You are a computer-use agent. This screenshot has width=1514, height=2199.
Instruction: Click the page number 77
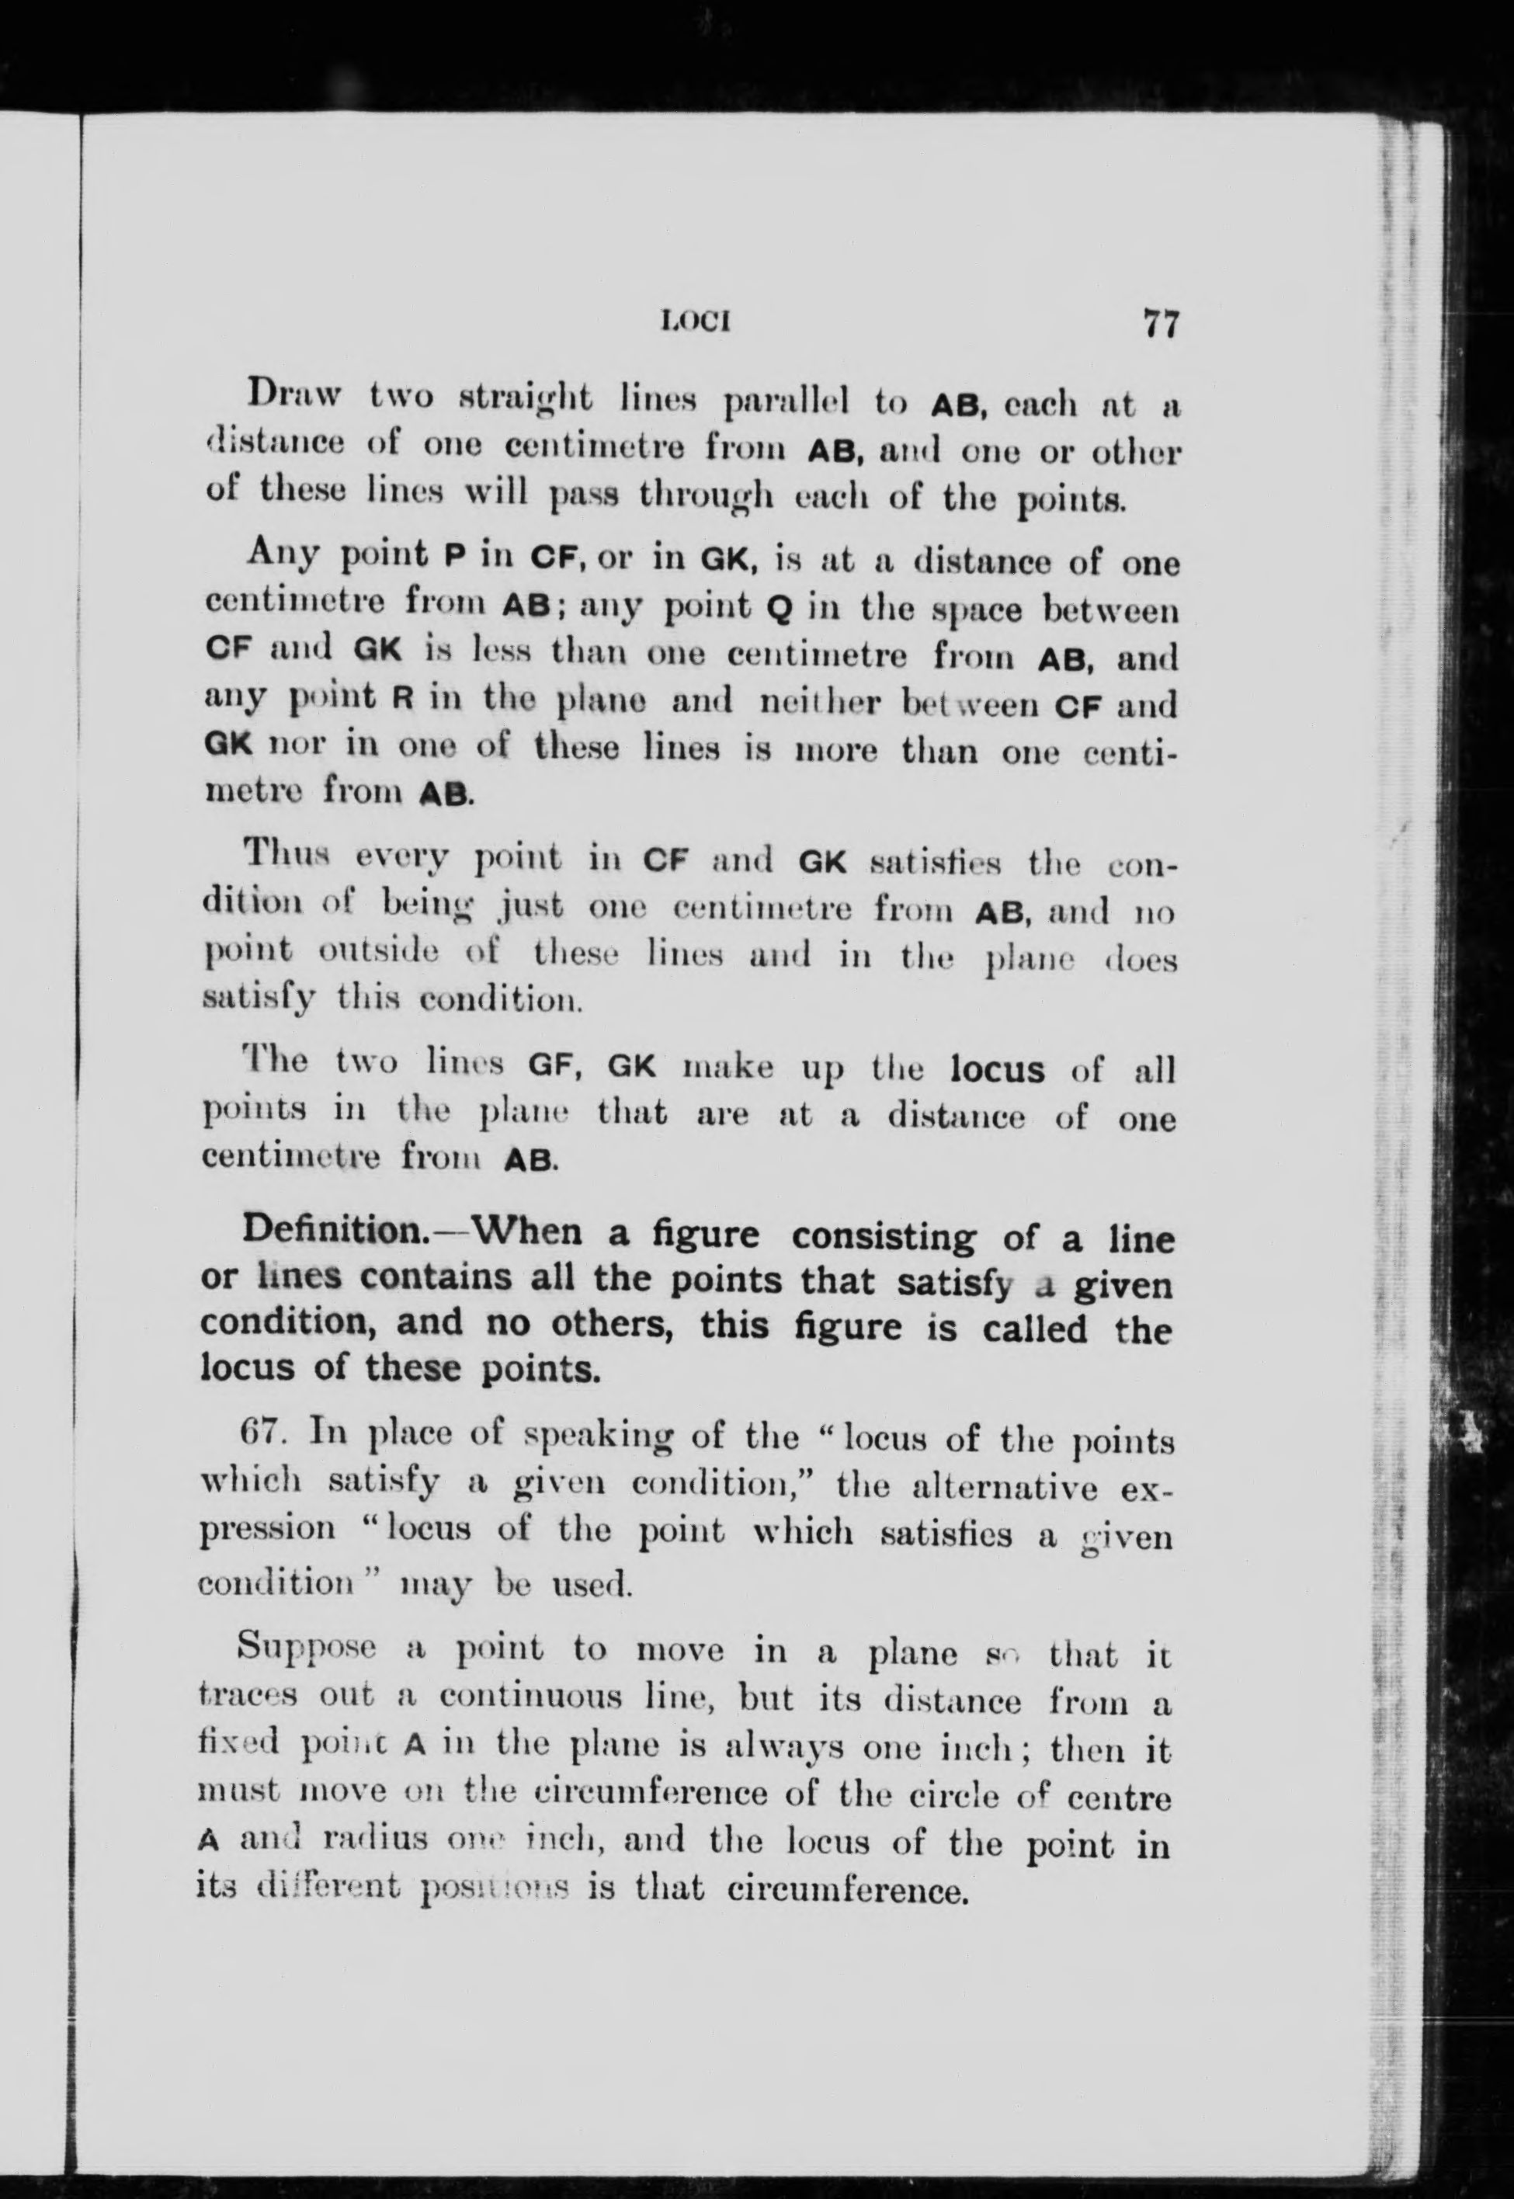click(x=1160, y=325)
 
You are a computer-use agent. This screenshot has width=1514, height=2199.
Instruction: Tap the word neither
click(x=821, y=705)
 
